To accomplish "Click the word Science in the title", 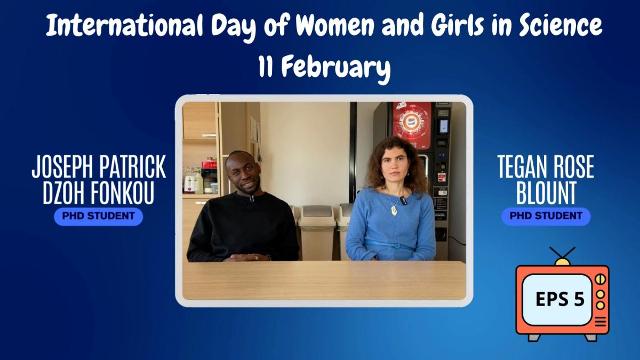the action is tap(561, 26).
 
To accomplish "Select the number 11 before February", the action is tap(266, 66).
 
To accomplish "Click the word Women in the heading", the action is tap(334, 26).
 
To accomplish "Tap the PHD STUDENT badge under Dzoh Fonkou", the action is tap(99, 217).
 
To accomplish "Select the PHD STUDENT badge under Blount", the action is tap(546, 217).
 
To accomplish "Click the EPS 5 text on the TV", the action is tap(560, 299).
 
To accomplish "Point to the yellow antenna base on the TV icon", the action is tap(562, 261).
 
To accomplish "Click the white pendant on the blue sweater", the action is tap(394, 211).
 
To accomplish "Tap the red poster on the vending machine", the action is tap(412, 125).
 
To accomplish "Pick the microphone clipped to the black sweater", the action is tap(251, 198).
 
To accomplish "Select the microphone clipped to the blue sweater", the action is tap(403, 201).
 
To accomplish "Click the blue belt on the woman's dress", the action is tap(389, 245).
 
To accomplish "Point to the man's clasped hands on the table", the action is tap(246, 258).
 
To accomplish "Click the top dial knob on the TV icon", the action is tap(601, 279).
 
